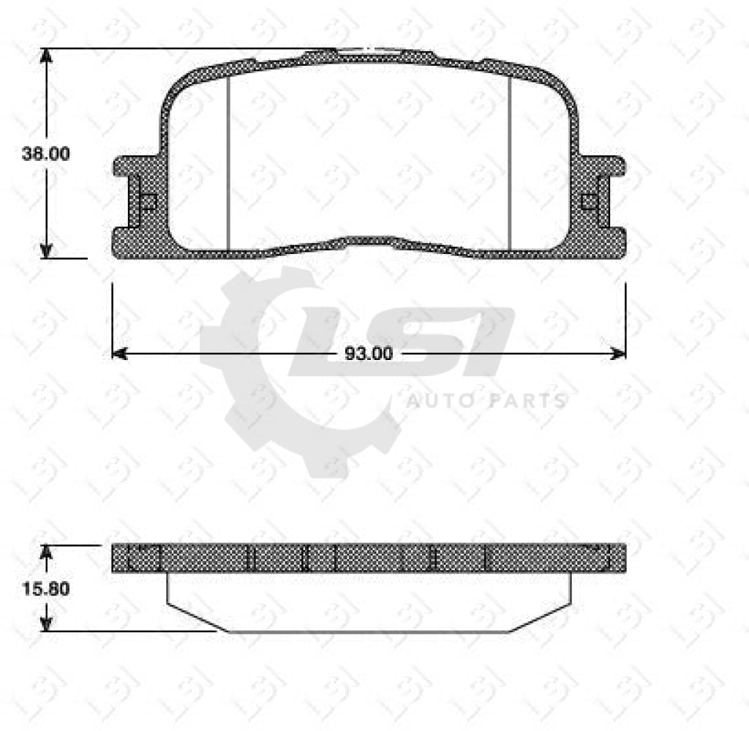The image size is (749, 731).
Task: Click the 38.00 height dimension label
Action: (x=45, y=154)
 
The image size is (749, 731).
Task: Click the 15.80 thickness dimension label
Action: (x=45, y=588)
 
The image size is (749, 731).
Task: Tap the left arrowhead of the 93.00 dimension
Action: (x=118, y=354)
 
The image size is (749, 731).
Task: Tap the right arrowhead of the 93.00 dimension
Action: (x=619, y=354)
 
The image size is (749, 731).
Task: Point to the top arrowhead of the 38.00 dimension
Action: (x=47, y=56)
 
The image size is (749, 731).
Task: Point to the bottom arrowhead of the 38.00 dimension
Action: (x=47, y=250)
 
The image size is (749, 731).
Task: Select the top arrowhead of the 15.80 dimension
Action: (x=47, y=550)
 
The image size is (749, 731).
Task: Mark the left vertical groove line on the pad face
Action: (x=229, y=161)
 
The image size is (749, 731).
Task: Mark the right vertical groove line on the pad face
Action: (x=509, y=161)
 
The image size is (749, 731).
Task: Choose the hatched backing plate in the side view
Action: (x=369, y=559)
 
